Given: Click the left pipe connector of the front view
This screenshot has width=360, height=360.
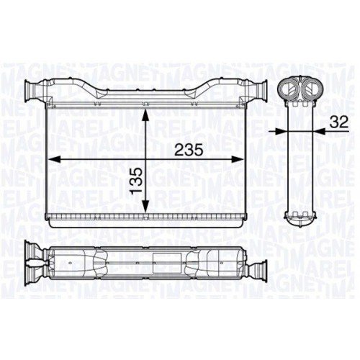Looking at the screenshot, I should coord(34,91).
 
